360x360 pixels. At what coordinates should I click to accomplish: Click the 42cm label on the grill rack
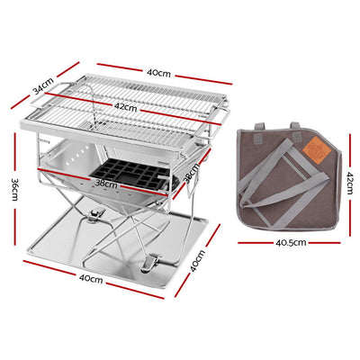(125, 108)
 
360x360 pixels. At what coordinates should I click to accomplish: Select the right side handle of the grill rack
(216, 115)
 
